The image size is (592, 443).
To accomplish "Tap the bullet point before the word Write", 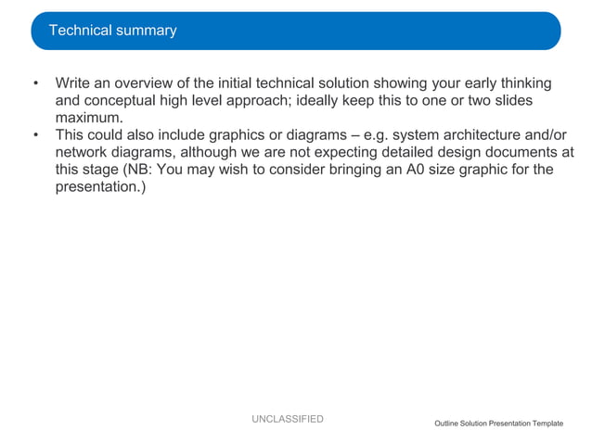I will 36,84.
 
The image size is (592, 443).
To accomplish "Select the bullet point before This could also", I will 36,135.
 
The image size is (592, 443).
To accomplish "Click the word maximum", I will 89,118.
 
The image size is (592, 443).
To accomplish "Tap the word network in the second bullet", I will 82,152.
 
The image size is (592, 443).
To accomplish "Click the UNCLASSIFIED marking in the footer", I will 287,420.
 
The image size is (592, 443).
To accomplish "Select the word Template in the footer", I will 545,424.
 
